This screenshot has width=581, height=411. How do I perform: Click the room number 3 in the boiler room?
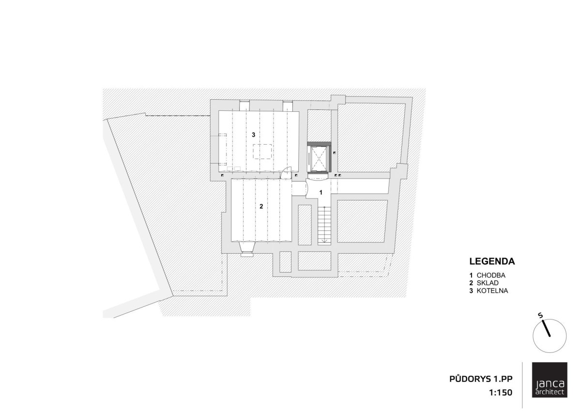253,135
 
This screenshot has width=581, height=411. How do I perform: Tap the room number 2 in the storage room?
261,206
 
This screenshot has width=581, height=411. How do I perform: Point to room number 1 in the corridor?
321,192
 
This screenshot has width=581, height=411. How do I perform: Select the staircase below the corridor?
324,225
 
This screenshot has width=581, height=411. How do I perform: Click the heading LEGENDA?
492,261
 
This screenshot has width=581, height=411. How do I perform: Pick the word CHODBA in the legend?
491,275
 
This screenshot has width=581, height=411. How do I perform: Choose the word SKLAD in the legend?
488,283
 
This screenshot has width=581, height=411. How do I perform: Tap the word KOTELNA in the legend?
492,290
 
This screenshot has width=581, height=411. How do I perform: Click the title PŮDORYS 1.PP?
481,379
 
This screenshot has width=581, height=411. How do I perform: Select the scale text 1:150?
501,393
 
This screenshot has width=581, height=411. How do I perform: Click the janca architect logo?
550,383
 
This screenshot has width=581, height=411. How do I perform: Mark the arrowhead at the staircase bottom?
324,242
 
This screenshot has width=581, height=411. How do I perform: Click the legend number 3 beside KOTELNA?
471,290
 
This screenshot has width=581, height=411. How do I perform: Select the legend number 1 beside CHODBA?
471,275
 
